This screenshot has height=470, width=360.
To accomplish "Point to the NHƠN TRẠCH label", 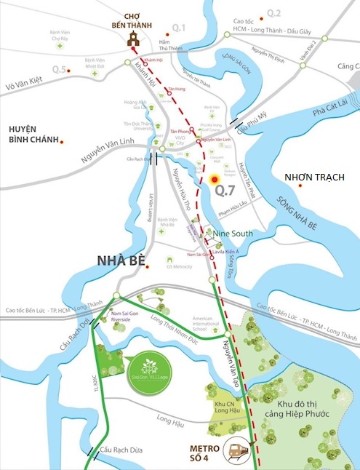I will pos(314,178).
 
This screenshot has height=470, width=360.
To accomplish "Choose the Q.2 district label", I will pos(273,13).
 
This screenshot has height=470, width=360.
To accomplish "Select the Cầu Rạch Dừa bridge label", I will pos(119,450).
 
